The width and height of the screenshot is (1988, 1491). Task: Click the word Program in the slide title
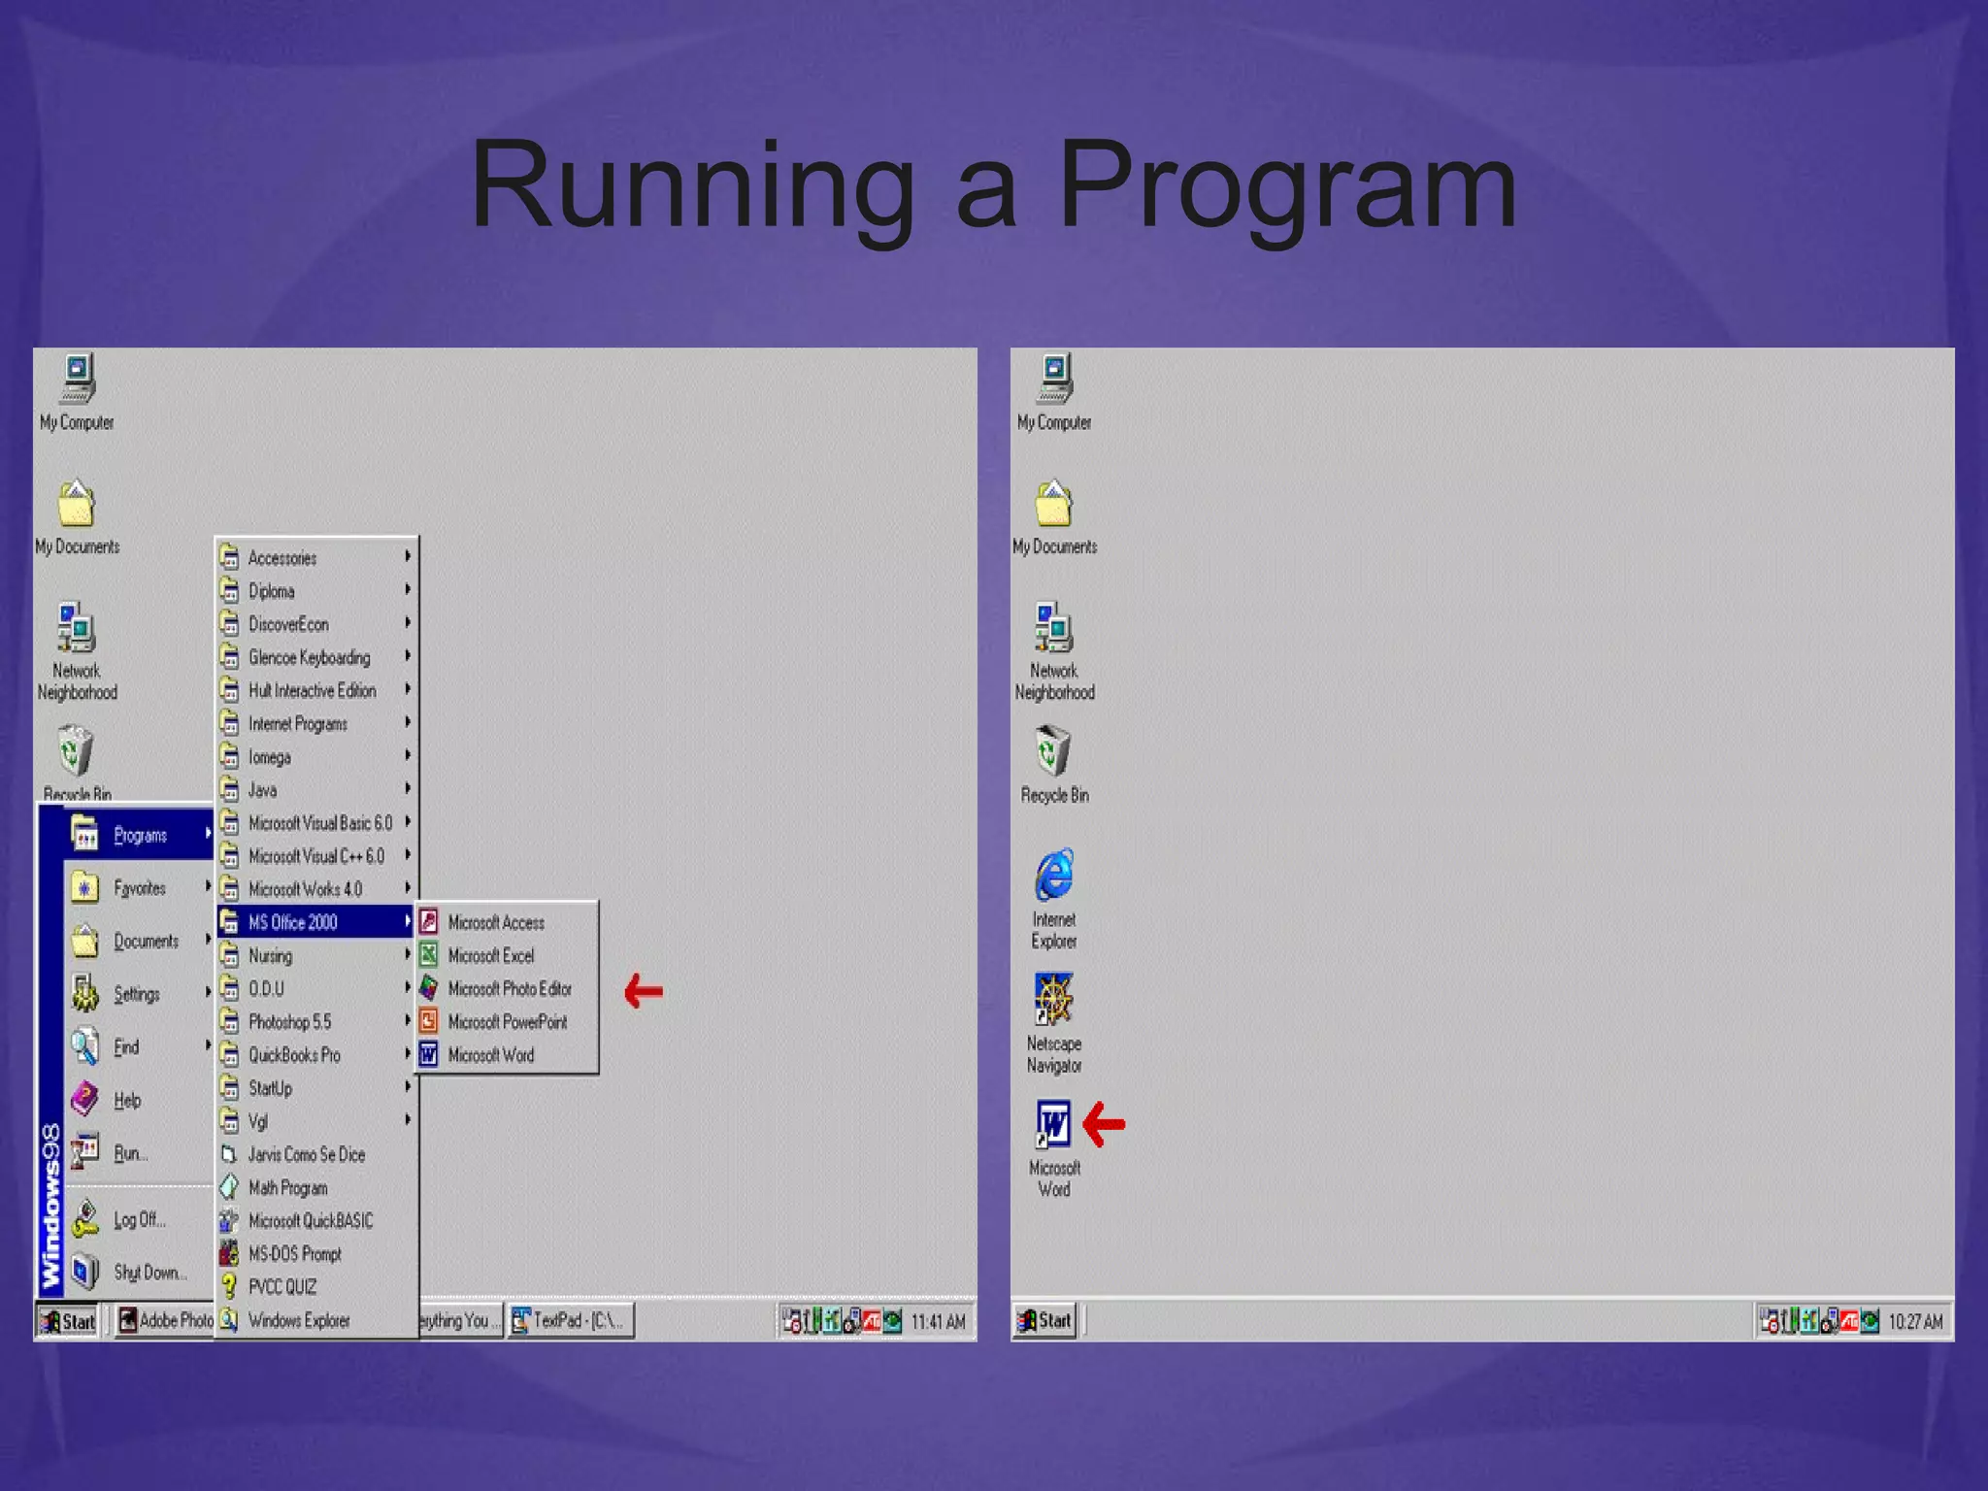coord(1286,184)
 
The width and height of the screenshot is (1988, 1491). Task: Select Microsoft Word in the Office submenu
coord(490,1055)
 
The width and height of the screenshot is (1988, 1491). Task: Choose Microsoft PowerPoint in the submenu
coord(507,1022)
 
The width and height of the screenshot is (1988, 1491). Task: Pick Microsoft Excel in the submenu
coord(490,956)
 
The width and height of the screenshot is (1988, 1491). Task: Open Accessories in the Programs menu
coord(282,558)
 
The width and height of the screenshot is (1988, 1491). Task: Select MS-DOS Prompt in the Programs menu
coord(295,1254)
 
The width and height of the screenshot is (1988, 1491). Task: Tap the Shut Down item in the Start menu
coord(149,1273)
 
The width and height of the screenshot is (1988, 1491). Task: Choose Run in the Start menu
coord(130,1154)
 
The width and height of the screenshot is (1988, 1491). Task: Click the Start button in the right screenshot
coord(1044,1320)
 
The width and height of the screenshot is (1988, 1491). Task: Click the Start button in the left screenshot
coord(68,1321)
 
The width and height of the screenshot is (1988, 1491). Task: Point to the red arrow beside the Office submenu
coord(644,991)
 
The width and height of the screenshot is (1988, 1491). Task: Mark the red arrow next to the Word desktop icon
coord(1104,1124)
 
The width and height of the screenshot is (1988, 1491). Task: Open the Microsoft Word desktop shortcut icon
coord(1053,1126)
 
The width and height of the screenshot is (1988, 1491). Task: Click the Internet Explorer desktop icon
coord(1054,875)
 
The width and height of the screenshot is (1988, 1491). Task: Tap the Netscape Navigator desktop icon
coord(1053,1000)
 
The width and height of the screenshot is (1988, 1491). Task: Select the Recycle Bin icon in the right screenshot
coord(1053,752)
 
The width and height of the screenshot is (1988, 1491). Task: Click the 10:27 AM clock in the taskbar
coord(1915,1321)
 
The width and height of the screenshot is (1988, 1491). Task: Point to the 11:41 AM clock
coord(938,1321)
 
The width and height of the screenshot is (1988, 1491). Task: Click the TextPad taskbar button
coord(572,1320)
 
